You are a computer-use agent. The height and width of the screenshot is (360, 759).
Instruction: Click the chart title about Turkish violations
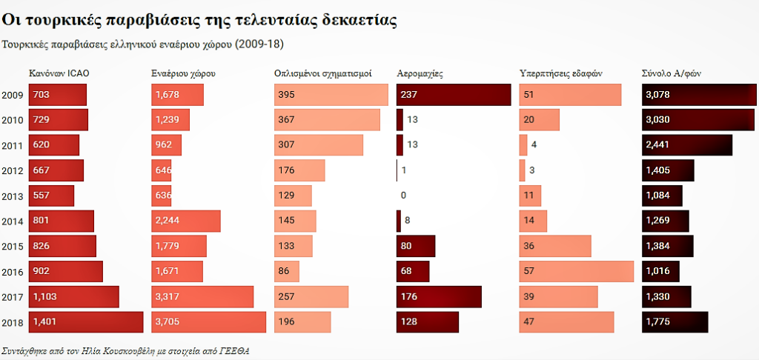point(200,21)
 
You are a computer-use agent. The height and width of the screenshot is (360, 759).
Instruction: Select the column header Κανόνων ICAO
point(59,74)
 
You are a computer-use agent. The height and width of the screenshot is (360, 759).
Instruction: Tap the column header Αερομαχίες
point(420,74)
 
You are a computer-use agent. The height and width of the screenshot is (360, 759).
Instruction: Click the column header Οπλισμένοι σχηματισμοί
point(322,74)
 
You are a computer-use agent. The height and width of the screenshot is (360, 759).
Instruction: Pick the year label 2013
point(13,196)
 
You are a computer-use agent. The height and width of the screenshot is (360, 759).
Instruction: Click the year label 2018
point(13,323)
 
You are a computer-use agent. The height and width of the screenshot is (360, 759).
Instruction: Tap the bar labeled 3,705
point(208,322)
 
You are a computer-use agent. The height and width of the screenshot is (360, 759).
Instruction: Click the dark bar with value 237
point(454,95)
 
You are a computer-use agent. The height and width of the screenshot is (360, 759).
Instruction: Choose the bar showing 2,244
point(185,221)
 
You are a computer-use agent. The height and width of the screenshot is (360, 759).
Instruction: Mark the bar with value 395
point(331,95)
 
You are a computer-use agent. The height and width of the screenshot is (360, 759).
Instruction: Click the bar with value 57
point(577,272)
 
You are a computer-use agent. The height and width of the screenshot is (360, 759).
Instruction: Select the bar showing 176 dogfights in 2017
point(439,297)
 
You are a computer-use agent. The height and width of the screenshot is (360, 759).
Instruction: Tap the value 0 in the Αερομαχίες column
point(403,196)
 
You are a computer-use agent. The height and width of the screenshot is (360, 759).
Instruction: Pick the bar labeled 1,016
point(663,272)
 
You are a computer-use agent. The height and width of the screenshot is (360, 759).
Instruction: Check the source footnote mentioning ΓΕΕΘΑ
point(125,350)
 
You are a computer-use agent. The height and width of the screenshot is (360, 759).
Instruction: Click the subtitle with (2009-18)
point(143,44)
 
